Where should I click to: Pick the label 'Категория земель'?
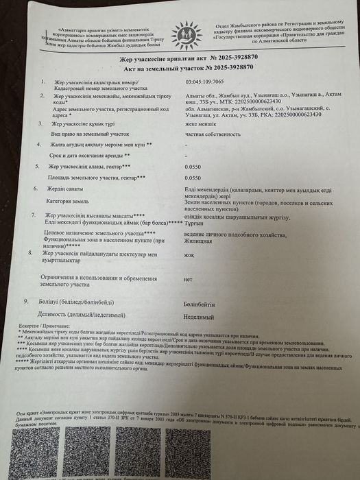[69, 203]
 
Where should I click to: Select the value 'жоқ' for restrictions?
[189, 259]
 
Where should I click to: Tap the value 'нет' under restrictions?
[188, 280]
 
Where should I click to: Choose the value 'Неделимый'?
[198, 317]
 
